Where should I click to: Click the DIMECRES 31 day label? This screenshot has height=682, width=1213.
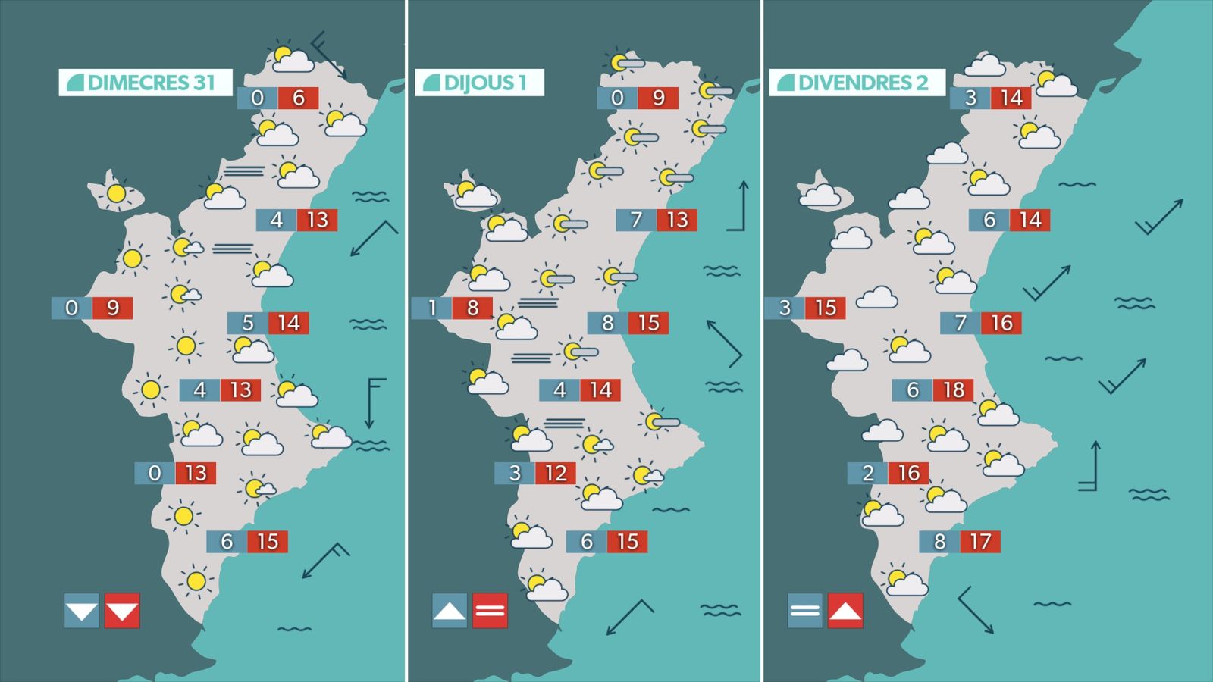[x=146, y=83]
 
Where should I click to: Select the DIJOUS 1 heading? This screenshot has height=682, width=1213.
[x=479, y=83]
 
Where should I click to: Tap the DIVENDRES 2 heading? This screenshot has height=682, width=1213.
[x=857, y=83]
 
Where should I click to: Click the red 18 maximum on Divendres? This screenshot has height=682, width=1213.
[x=954, y=390]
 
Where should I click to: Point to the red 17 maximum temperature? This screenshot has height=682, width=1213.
[x=980, y=542]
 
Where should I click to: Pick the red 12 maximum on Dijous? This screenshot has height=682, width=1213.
[x=556, y=474]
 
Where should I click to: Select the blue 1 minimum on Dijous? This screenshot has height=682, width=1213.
[x=432, y=308]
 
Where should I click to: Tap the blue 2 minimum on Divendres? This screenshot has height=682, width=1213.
[x=868, y=474]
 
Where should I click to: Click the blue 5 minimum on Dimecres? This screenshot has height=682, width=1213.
[x=248, y=324]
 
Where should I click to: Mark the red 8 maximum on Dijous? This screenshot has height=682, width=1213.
[x=472, y=308]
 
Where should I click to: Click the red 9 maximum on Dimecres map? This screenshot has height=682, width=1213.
[x=113, y=308]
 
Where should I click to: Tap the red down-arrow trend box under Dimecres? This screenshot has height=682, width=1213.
[x=122, y=611]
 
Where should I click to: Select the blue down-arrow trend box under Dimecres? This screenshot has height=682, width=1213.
[x=82, y=611]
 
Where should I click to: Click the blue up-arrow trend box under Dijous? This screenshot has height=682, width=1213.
[x=450, y=611]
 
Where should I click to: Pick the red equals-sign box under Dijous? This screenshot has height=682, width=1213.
[x=490, y=611]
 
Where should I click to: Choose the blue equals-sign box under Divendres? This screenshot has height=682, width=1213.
[x=805, y=611]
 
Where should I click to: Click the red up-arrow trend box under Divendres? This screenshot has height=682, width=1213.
[x=845, y=611]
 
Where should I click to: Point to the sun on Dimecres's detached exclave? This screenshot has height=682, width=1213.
[x=116, y=193]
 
